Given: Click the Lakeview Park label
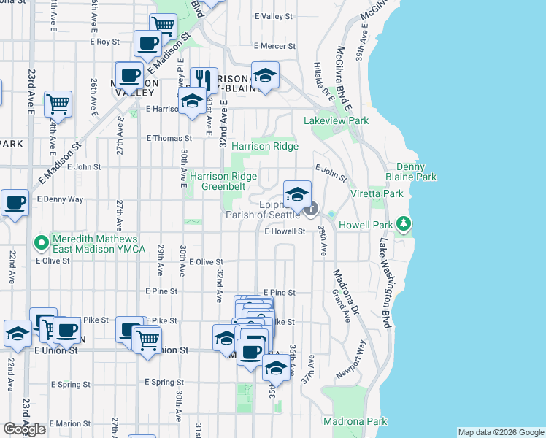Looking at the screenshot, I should coord(336,120).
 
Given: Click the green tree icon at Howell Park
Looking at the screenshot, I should coord(402,225).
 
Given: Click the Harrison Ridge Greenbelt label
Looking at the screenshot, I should coord(223,182).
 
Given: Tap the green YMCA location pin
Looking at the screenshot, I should coord(42,242).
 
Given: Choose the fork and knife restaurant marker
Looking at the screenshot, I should coord(204,80).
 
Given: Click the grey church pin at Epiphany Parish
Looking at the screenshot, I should coord(311,210).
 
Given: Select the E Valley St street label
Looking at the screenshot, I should coord(273,15).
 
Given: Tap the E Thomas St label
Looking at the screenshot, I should coord(169,137).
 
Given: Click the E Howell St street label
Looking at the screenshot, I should coord(284,231).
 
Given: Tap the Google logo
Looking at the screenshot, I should coord(24,429).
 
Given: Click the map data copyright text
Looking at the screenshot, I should coord(501,432).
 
